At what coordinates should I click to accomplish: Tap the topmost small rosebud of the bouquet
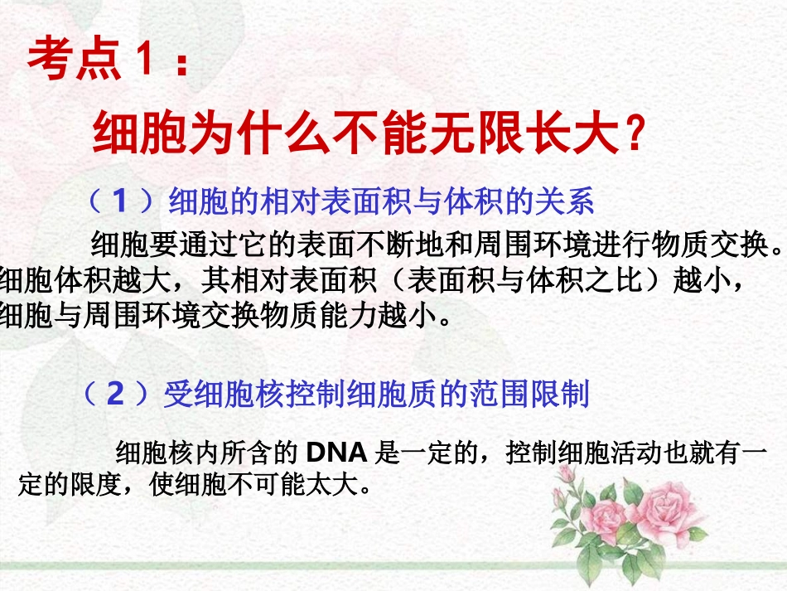click(x=566, y=474)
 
